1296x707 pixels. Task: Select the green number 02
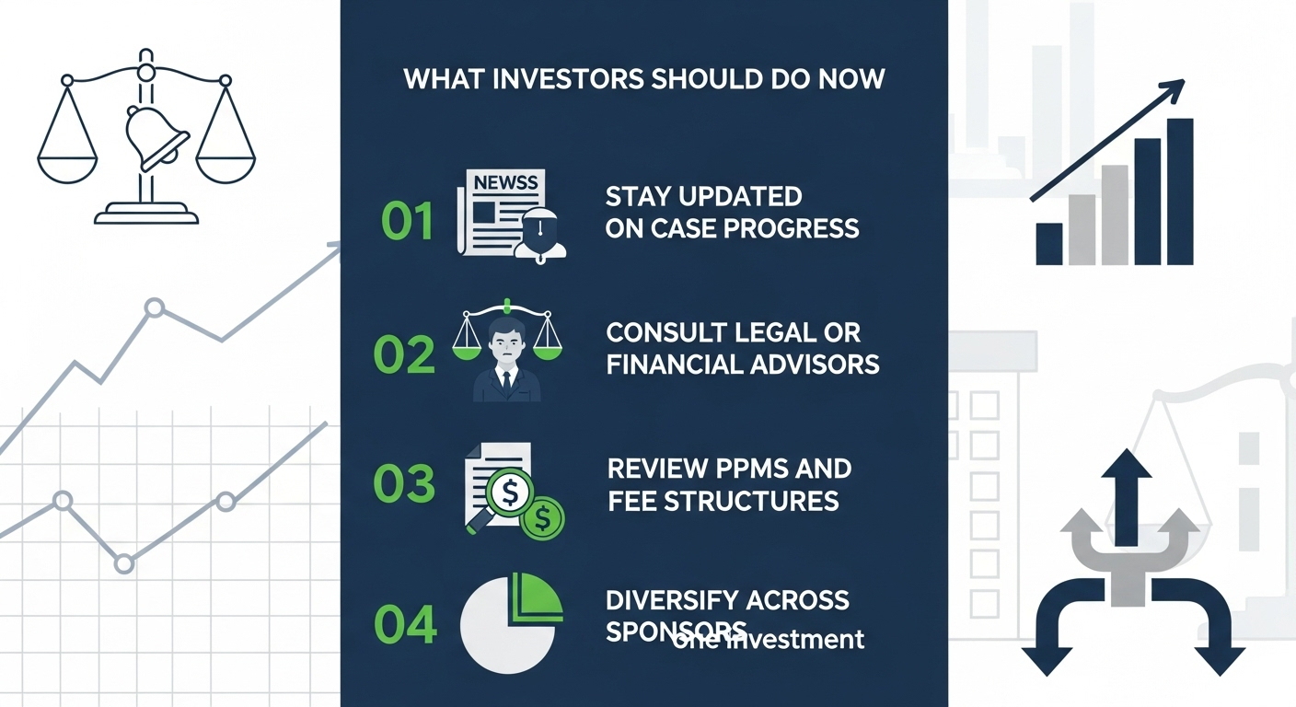[x=404, y=354]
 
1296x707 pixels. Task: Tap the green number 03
[x=404, y=483]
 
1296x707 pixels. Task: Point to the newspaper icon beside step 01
[x=497, y=212]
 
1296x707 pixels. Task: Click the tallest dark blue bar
[x=1179, y=191]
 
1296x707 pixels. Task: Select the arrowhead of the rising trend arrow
[x=1172, y=91]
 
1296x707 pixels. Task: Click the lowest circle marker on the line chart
[x=124, y=562]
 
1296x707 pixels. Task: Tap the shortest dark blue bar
[x=1048, y=243]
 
